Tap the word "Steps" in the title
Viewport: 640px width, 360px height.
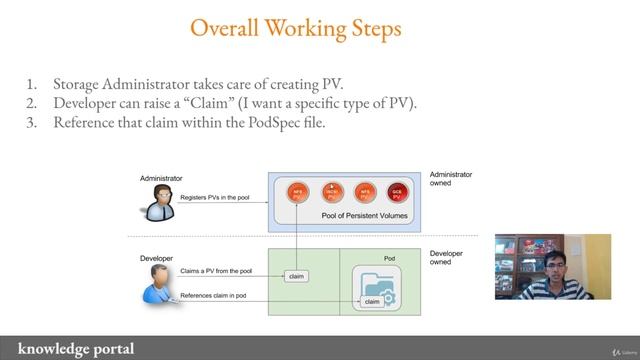367,28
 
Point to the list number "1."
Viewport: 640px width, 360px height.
32,82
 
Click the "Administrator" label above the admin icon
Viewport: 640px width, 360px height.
161,178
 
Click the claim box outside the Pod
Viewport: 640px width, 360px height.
296,276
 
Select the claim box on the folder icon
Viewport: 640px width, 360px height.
370,301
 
